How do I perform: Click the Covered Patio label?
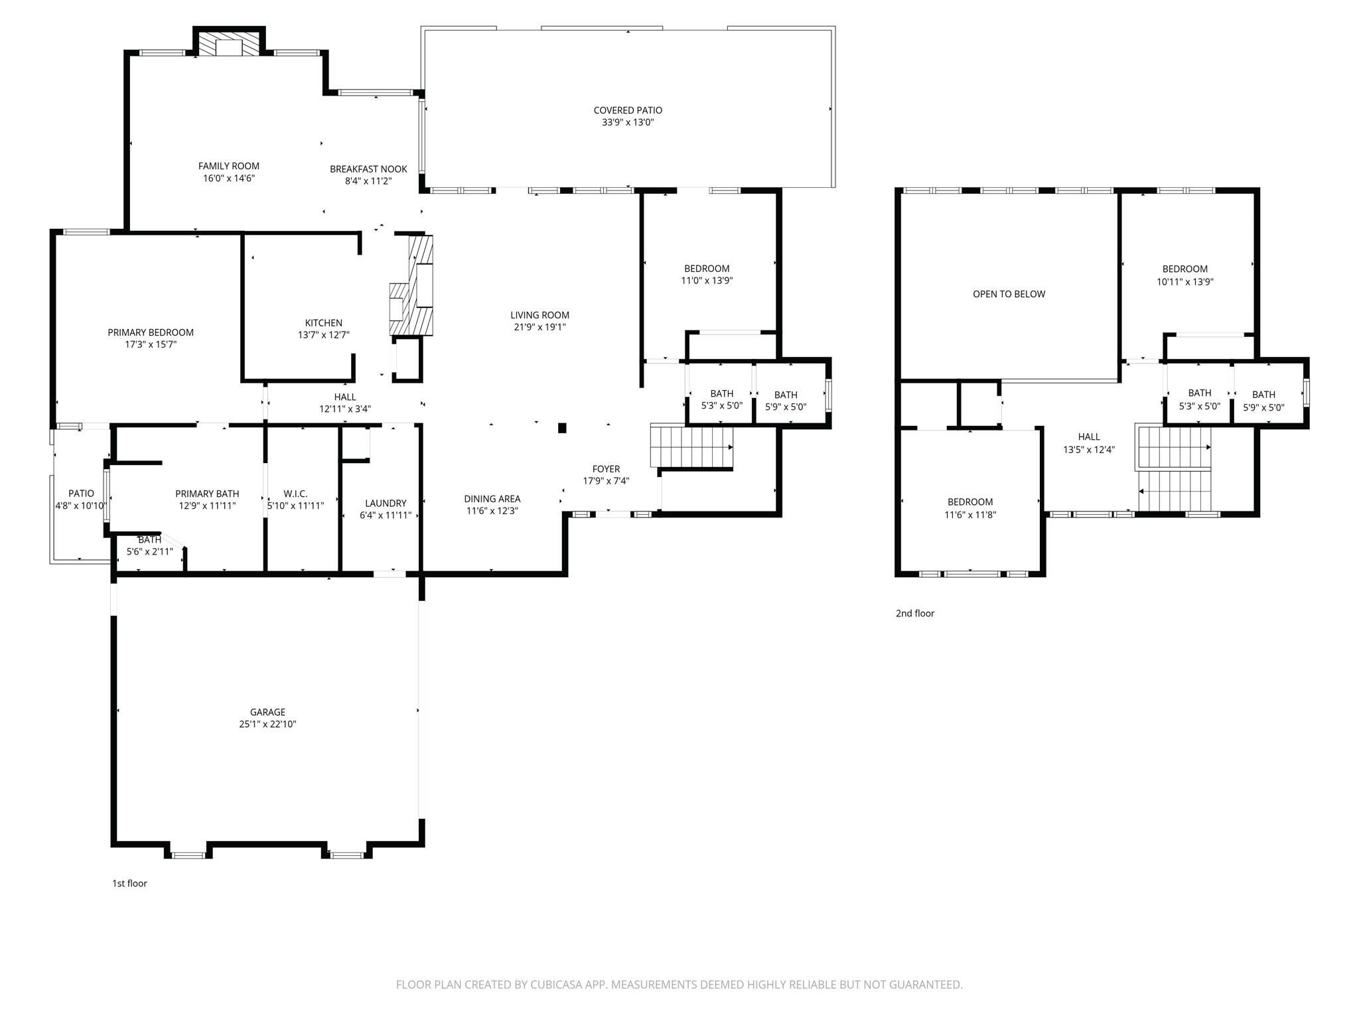pyautogui.click(x=627, y=110)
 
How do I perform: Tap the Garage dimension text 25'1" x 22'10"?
pyautogui.click(x=267, y=724)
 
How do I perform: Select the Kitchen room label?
pyautogui.click(x=323, y=323)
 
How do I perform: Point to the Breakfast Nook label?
pyautogui.click(x=368, y=169)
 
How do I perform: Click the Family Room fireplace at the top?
pyautogui.click(x=230, y=46)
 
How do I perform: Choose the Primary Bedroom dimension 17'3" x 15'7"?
pyautogui.click(x=151, y=344)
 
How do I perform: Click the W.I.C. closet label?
pyautogui.click(x=295, y=494)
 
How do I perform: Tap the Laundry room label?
pyautogui.click(x=386, y=503)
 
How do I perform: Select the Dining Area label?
pyautogui.click(x=492, y=499)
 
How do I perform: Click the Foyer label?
pyautogui.click(x=606, y=469)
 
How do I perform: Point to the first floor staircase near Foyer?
pyautogui.click(x=691, y=447)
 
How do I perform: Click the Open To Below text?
pyautogui.click(x=1009, y=294)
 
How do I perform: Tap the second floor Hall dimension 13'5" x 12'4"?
pyautogui.click(x=1088, y=449)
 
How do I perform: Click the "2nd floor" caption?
pyautogui.click(x=914, y=613)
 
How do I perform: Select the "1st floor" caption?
pyautogui.click(x=129, y=883)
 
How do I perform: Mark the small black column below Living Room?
pyautogui.click(x=562, y=428)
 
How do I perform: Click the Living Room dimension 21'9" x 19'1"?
pyautogui.click(x=539, y=327)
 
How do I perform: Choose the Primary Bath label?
pyautogui.click(x=207, y=494)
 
